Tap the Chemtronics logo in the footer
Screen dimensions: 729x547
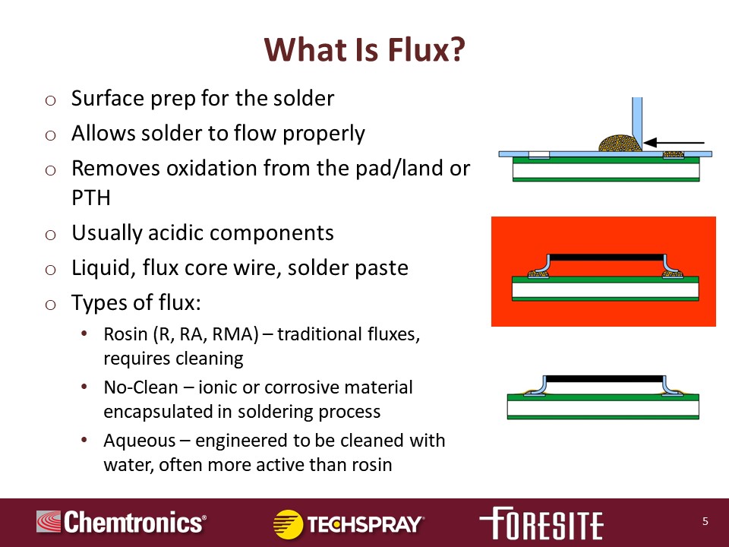coord(121,522)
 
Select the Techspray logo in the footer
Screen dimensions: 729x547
coord(349,524)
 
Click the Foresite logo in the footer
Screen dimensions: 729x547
coord(541,523)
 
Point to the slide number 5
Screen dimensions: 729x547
coord(705,521)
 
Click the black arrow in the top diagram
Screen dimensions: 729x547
coord(674,143)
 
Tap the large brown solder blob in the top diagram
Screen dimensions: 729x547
coord(620,144)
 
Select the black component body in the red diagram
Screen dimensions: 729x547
coord(606,258)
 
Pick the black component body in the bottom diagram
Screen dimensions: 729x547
coord(604,378)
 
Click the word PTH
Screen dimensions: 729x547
coord(91,198)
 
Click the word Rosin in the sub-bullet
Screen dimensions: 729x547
coord(125,334)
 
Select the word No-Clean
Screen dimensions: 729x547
coord(141,387)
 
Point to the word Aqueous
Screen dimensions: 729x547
coord(140,441)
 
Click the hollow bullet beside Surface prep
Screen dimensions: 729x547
coord(51,100)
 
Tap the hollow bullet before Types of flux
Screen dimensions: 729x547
coord(51,305)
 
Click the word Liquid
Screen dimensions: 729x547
coord(103,268)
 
